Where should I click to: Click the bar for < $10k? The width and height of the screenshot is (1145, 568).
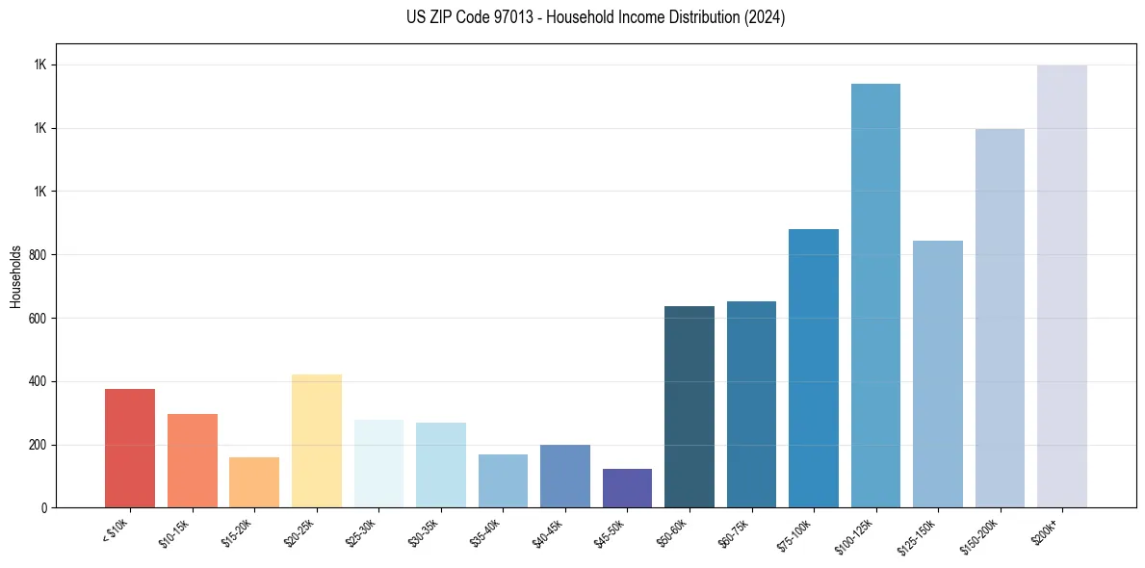click(130, 449)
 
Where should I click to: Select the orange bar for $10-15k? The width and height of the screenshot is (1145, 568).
click(192, 461)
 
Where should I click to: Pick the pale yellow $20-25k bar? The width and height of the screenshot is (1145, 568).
click(316, 441)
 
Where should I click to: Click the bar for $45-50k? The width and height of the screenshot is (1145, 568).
click(627, 488)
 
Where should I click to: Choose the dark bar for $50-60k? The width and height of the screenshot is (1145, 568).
click(690, 407)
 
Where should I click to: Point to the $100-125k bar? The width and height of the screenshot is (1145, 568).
click(875, 296)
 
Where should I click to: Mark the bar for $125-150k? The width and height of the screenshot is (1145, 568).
click(937, 374)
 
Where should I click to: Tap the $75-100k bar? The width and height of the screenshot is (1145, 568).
click(814, 369)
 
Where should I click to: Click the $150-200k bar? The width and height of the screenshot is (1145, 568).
click(1000, 319)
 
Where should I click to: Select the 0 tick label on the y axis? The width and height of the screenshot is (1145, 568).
click(44, 508)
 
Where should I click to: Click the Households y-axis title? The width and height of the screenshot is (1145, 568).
click(15, 276)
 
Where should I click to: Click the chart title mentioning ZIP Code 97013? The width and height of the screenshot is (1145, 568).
click(596, 17)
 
